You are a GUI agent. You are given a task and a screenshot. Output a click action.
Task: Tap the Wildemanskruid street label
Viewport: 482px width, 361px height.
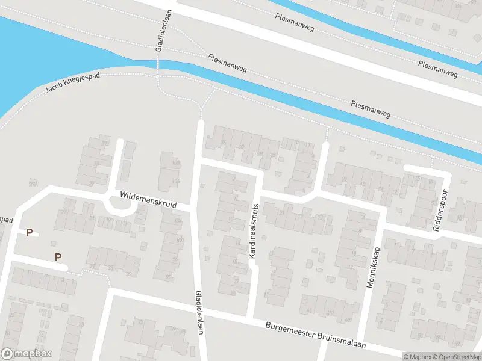click(148, 200)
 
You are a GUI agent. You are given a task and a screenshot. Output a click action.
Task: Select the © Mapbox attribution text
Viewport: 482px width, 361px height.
click(418, 357)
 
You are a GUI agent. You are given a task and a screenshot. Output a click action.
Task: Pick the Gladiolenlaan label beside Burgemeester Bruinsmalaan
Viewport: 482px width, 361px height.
click(199, 313)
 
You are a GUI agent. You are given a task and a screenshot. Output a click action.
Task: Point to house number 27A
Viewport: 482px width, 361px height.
click(33, 184)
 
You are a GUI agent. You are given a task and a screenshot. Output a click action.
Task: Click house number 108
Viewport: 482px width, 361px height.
click(176, 163)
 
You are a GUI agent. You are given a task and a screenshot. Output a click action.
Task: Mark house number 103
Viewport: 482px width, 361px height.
click(176, 180)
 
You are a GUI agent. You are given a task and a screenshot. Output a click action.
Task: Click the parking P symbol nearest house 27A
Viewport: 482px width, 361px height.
click(29, 232)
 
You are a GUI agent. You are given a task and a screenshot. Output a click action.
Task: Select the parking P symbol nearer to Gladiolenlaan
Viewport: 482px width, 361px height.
click(58, 257)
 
